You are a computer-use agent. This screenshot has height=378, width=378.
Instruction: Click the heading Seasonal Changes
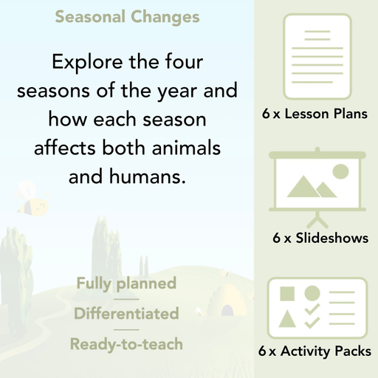pyautogui.click(x=127, y=16)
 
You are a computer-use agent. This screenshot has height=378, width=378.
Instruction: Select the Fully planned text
pyautogui.click(x=126, y=283)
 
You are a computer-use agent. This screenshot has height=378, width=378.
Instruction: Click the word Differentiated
pyautogui.click(x=126, y=314)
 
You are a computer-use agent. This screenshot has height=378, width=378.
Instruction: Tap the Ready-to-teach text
pyautogui.click(x=126, y=344)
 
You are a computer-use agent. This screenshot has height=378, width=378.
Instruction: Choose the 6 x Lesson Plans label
pyautogui.click(x=315, y=114)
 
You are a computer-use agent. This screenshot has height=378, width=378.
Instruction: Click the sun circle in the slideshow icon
pyautogui.click(x=340, y=171)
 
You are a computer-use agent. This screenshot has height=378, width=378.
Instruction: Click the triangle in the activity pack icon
pyautogui.click(x=289, y=319)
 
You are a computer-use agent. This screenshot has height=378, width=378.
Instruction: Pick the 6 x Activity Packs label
pyautogui.click(x=315, y=352)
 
